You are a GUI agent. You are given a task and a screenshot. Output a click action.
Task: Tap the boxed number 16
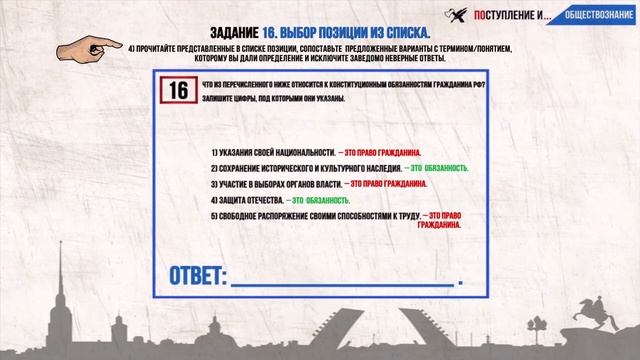tap(177, 90)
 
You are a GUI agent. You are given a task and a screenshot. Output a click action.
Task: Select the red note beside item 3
tap(385, 184)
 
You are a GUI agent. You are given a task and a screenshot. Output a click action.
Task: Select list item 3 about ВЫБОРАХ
tap(276, 184)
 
